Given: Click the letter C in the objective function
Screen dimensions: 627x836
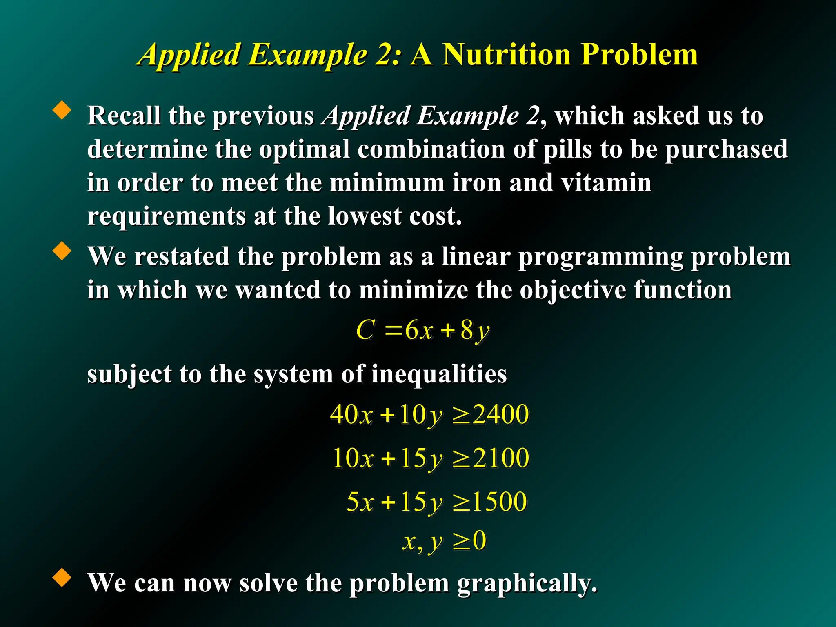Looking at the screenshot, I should tap(365, 330).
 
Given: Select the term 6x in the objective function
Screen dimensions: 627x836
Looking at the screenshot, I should tap(418, 330).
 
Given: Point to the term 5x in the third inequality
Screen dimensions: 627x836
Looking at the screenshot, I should tap(360, 501).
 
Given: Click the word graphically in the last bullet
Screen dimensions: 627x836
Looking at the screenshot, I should tap(527, 583).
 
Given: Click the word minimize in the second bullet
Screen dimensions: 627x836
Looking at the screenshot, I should tap(413, 290).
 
